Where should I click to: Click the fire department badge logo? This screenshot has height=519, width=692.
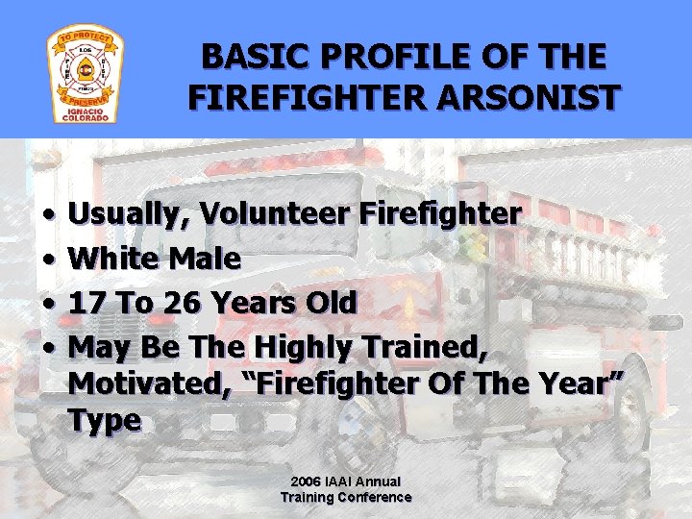(x=84, y=75)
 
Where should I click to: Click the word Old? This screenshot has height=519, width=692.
(x=329, y=303)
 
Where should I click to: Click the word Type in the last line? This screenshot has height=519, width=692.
(x=105, y=420)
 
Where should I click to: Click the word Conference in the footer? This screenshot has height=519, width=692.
(x=379, y=497)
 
